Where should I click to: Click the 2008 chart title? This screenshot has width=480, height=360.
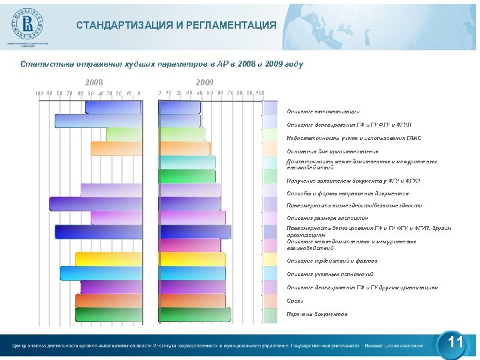94,82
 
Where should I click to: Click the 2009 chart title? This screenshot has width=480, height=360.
205,82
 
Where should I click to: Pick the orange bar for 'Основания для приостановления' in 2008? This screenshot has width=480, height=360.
116,149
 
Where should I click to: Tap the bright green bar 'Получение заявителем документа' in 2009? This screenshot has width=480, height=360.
187,176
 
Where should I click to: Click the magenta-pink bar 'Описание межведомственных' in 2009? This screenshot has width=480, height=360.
193,245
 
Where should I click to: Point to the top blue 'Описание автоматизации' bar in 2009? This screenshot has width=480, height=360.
179,107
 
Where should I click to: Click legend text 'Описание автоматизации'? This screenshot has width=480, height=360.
323,111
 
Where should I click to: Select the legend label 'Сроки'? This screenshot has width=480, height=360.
295,301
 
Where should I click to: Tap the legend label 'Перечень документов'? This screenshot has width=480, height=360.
317,314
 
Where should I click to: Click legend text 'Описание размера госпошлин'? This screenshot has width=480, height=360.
327,218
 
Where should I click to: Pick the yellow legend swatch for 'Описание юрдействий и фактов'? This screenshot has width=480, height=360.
270,259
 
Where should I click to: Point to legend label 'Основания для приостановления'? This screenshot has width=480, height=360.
332,151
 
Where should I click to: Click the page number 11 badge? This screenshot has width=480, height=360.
455,343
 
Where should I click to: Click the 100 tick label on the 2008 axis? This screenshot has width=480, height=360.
39,93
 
